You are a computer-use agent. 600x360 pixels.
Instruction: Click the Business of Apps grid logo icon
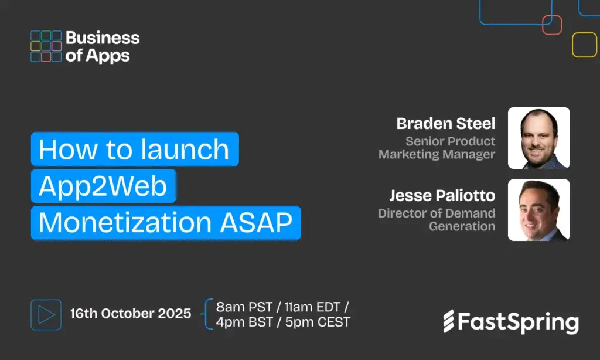[46, 46]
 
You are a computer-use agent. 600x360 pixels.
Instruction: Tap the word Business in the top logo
[103, 38]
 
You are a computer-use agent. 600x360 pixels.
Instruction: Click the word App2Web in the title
[103, 186]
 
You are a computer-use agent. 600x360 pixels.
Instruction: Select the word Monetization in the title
[125, 222]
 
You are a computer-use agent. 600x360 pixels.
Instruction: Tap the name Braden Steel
[446, 123]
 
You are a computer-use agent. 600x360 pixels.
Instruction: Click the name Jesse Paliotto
[442, 195]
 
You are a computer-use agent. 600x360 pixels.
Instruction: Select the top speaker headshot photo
[539, 138]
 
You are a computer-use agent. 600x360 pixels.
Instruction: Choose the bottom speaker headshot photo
[539, 210]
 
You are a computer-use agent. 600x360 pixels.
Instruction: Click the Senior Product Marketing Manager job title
[437, 147]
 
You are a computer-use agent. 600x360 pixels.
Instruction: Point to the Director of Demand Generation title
[437, 219]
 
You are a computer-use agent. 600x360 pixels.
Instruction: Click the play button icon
[46, 314]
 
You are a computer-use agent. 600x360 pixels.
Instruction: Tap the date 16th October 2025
[131, 313]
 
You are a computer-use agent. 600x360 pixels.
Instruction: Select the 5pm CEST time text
[318, 322]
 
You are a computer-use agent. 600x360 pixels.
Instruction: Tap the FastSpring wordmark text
[518, 322]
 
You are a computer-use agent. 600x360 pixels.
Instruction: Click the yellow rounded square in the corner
[584, 45]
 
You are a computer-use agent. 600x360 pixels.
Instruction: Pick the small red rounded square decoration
[552, 25]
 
